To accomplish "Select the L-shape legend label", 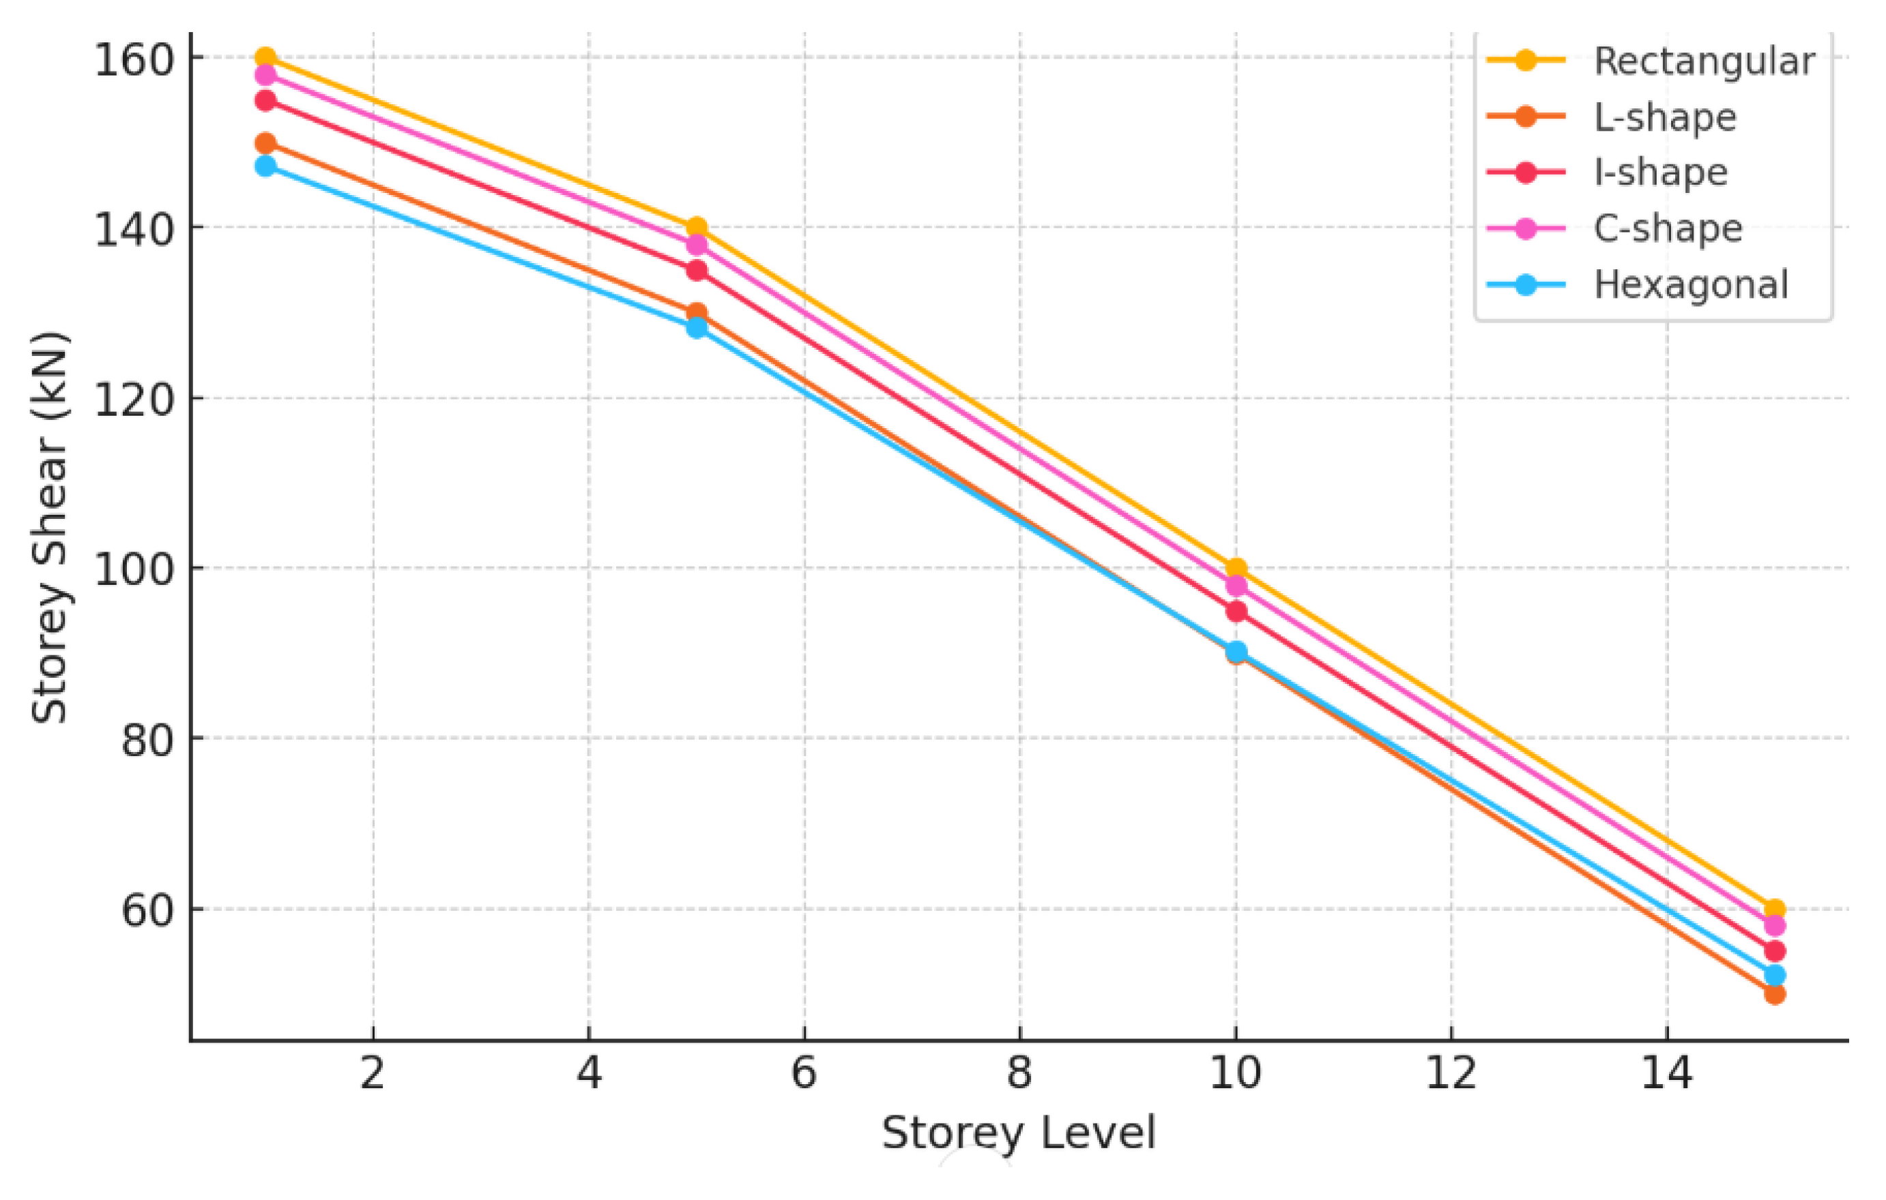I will tap(1664, 117).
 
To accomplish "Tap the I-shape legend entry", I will tap(1660, 172).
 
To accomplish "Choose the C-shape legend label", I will tap(1668, 228).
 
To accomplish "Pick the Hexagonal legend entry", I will tap(1690, 285).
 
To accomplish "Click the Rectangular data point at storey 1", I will tap(265, 57).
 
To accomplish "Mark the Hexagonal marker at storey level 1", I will tap(265, 166).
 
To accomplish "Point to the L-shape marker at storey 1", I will tap(265, 143).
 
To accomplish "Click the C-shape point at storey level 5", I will tap(696, 245).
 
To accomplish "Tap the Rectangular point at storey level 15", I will tap(1775, 910).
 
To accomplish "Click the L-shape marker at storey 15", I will tap(1775, 994).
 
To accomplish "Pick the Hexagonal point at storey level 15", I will tap(1775, 976).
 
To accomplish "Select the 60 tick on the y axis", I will tap(147, 910).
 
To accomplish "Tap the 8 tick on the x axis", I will tap(1019, 1072).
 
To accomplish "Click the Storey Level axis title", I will tap(1018, 1132).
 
